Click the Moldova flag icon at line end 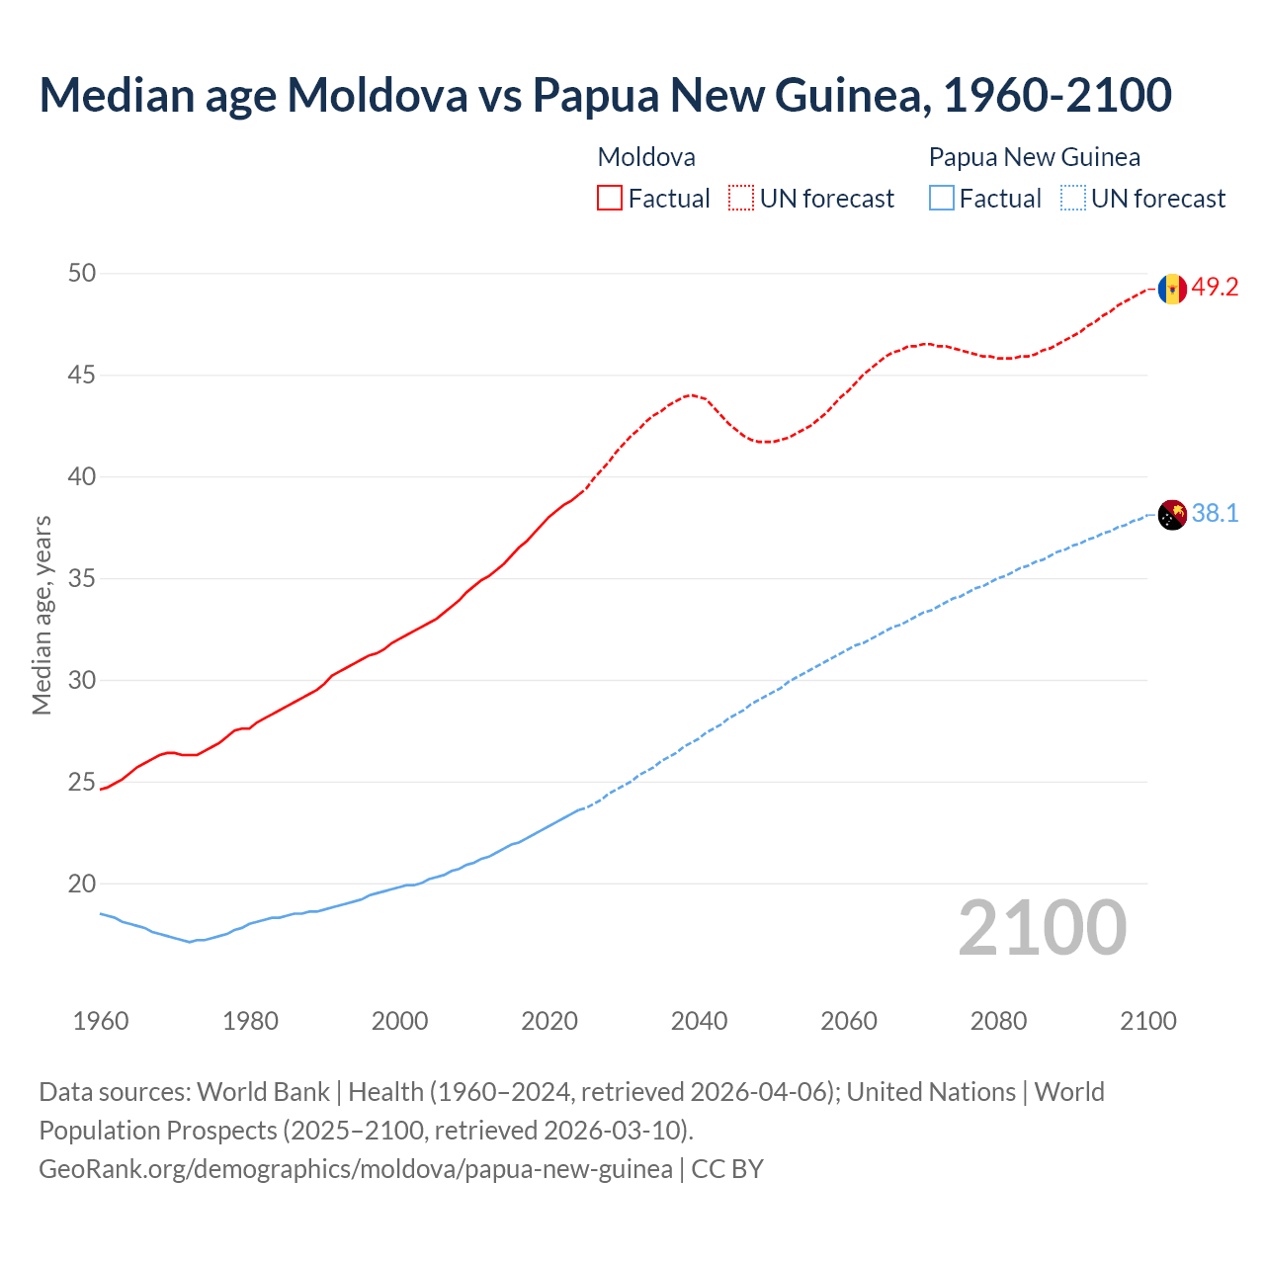tap(1172, 289)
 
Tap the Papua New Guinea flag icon tap(1172, 515)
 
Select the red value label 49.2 tap(1215, 288)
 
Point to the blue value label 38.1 tap(1215, 514)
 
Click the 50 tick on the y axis tap(82, 273)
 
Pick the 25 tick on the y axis tap(82, 783)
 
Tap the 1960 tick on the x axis tap(101, 1021)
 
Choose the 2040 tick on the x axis tap(699, 1021)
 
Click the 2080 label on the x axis tap(998, 1021)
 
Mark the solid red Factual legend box tap(610, 199)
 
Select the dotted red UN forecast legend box tap(741, 199)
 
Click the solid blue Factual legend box tap(942, 199)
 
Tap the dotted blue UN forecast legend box tap(1073, 199)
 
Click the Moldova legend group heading tap(646, 157)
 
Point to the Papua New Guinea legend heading tap(1034, 157)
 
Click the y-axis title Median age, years tap(42, 615)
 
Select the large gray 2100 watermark tap(1042, 927)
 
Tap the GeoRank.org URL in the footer tap(355, 1169)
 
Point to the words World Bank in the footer tap(263, 1092)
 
